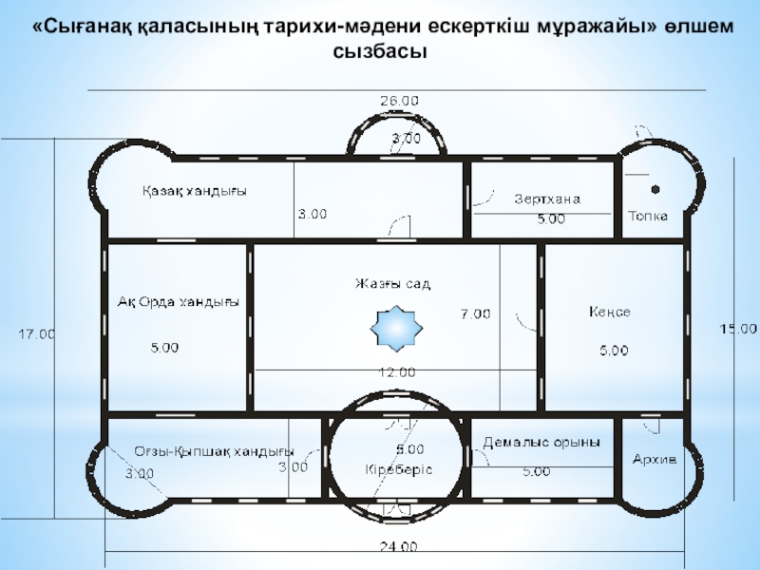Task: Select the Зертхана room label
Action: (x=546, y=199)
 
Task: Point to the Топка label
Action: (x=648, y=216)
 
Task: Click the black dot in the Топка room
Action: (x=655, y=188)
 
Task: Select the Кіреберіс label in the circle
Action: (x=398, y=469)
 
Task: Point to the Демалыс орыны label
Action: (x=541, y=443)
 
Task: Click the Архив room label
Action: (x=655, y=459)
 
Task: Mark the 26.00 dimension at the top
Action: (x=400, y=100)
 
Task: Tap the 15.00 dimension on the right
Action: (x=737, y=329)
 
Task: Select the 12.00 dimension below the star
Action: (x=396, y=371)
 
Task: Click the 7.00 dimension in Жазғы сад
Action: (x=475, y=313)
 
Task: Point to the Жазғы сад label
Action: (x=393, y=284)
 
